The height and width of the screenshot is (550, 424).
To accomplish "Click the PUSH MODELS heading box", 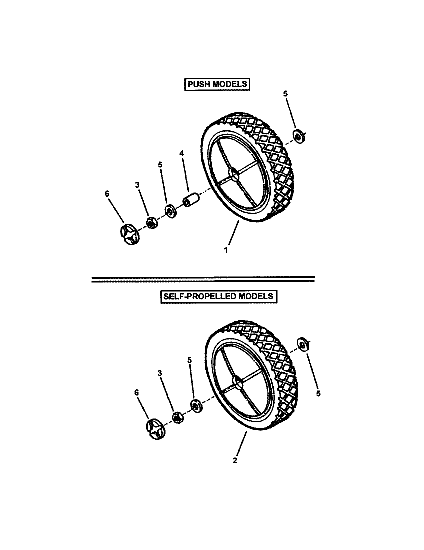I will click(217, 84).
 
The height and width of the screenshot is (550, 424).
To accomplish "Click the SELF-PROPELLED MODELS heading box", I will click(218, 296).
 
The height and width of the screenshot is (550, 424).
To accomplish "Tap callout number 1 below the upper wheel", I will click(226, 250).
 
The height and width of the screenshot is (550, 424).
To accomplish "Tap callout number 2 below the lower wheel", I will click(235, 460).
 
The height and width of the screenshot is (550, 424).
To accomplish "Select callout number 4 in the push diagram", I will click(181, 153).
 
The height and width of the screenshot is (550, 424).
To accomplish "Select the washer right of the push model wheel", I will click(299, 136).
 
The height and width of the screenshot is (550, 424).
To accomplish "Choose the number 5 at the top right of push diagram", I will click(285, 94).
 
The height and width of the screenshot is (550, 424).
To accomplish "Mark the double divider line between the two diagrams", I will click(203, 279).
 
